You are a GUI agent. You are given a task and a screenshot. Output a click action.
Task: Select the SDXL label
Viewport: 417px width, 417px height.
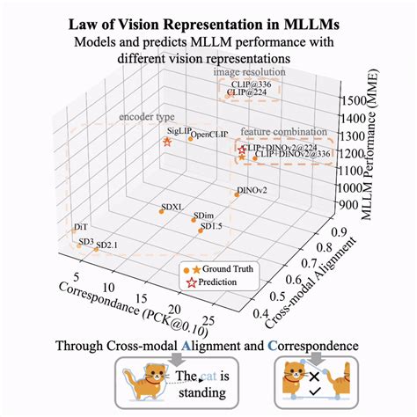[172, 208]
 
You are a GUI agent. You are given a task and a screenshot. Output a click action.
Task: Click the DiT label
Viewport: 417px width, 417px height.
[81, 227]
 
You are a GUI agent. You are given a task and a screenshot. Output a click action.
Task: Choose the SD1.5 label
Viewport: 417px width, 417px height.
[211, 226]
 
